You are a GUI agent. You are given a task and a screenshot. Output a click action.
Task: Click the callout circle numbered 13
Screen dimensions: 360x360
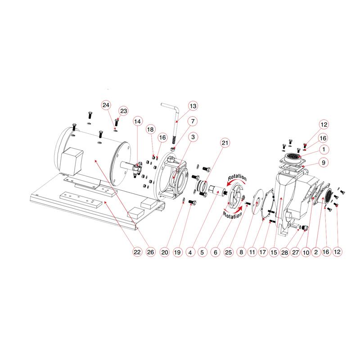[193, 106]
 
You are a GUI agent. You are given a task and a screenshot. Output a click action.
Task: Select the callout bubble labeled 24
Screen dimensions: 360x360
[106, 105]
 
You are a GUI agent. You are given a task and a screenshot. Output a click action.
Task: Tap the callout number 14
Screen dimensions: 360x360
[137, 121]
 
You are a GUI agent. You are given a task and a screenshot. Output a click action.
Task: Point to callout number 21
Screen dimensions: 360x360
[225, 143]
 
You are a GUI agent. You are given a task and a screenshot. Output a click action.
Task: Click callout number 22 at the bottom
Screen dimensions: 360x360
[137, 252]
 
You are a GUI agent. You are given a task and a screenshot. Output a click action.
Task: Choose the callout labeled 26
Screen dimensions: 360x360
[150, 252]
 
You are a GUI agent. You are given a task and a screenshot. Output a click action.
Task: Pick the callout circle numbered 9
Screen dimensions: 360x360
[324, 162]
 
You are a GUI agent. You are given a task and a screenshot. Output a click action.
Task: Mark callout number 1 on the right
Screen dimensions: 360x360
[324, 149]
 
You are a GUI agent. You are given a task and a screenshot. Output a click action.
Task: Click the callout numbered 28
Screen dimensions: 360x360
[284, 252]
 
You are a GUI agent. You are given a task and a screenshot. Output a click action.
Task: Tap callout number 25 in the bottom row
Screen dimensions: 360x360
[229, 252]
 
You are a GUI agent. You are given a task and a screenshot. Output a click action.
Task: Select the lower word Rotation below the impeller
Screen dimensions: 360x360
[233, 216]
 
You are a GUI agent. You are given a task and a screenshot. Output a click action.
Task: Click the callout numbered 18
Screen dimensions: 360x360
[150, 129]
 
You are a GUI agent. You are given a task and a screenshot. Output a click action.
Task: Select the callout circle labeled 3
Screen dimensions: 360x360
[193, 137]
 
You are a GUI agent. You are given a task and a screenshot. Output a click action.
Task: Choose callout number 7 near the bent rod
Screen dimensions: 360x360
[193, 121]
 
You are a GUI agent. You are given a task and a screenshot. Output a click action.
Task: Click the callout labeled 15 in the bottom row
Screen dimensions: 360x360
[274, 252]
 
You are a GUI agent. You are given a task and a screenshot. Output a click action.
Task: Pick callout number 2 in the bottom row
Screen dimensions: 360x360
[316, 252]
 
